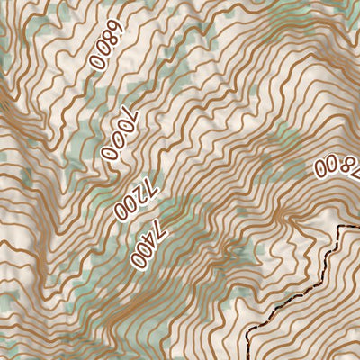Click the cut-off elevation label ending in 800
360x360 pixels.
pos(338,165)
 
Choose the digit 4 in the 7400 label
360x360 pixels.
pos(151,239)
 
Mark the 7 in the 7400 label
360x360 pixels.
pos(159,226)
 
